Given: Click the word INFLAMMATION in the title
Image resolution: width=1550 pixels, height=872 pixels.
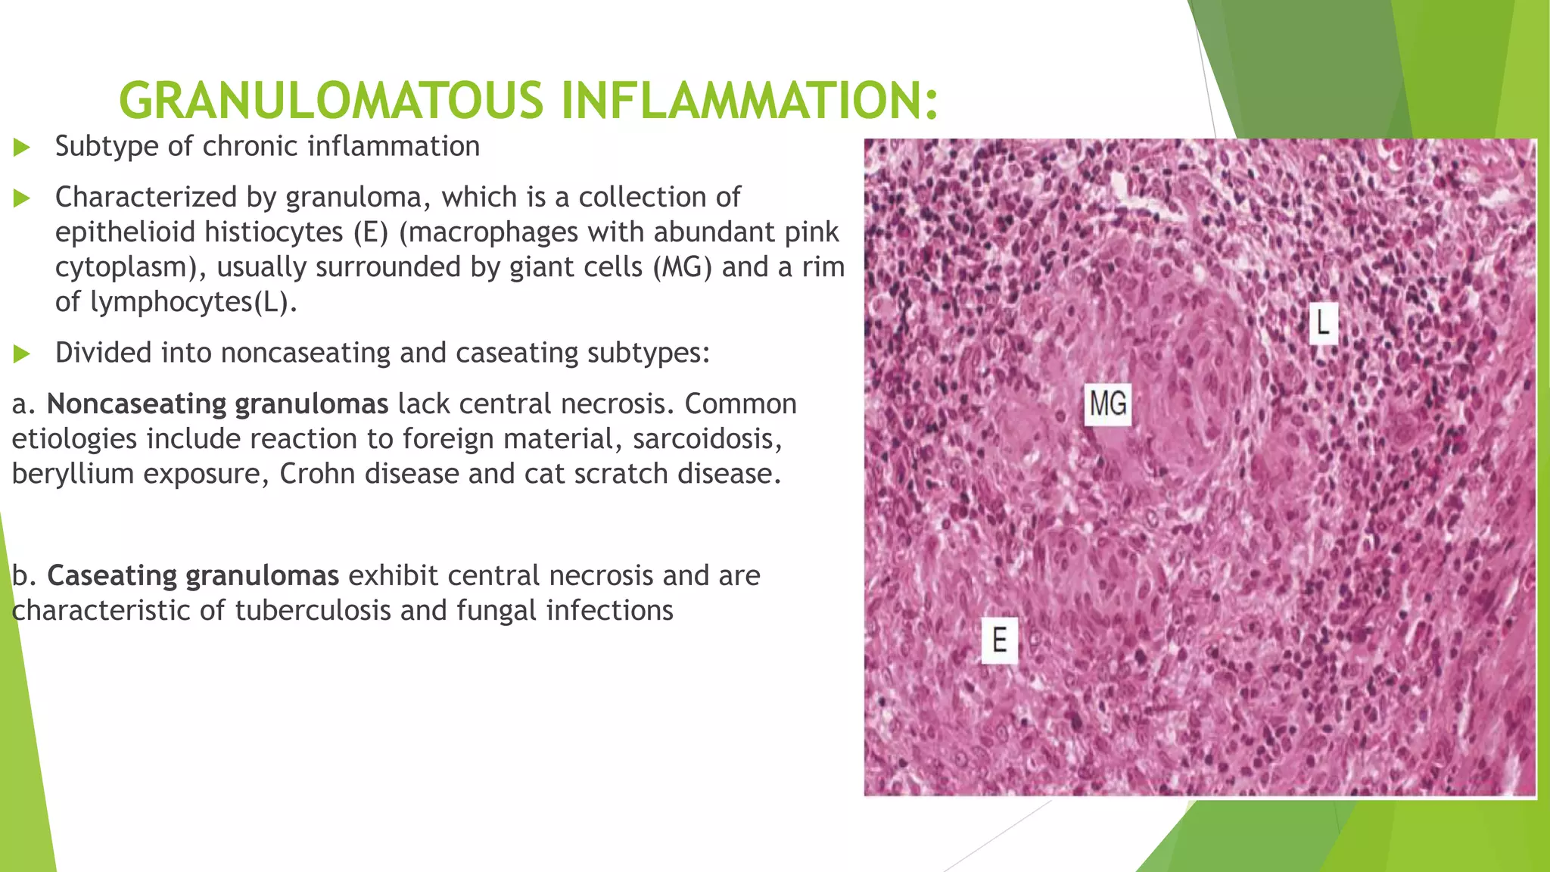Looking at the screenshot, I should point(749,101).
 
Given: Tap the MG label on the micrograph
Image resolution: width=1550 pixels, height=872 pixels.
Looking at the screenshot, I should point(1108,403).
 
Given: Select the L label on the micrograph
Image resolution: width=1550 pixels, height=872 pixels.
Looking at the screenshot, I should point(1323,323).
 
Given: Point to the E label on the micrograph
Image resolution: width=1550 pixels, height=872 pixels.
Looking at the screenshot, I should point(999,640).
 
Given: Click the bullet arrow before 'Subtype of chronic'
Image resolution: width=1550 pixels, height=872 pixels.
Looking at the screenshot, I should point(21,147).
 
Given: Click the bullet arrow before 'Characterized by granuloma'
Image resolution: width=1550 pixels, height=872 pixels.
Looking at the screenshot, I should point(21,198).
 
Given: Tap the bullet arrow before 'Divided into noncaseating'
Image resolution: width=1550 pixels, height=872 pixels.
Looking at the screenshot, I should point(21,353).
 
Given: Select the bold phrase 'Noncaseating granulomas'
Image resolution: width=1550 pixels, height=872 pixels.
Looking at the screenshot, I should point(217,404).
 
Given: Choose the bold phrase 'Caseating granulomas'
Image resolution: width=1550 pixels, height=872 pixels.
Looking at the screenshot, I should point(193,576).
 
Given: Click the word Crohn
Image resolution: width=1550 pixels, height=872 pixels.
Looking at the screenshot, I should point(319,474).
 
